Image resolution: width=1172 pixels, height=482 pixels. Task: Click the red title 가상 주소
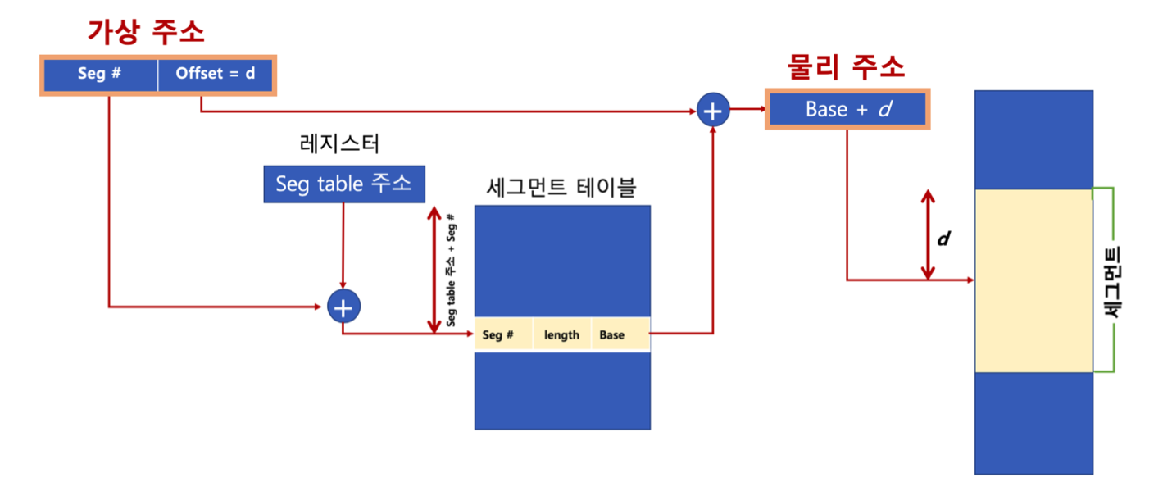(x=146, y=33)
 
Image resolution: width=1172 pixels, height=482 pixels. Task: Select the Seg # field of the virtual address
(x=100, y=74)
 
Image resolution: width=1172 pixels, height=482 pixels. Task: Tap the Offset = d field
(x=216, y=74)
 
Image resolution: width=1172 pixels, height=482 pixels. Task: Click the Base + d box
(x=847, y=109)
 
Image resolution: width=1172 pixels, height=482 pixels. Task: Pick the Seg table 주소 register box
(x=344, y=184)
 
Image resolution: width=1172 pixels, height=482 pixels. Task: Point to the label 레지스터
(x=340, y=143)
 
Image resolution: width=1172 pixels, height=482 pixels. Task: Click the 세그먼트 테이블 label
(x=561, y=189)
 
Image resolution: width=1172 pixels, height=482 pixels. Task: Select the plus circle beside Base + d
(x=713, y=110)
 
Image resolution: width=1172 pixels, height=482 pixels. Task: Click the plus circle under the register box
(x=343, y=307)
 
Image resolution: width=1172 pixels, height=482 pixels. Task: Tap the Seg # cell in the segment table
(x=497, y=334)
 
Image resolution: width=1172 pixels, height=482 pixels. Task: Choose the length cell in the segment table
(x=561, y=334)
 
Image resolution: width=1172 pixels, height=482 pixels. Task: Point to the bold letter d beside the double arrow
(x=943, y=239)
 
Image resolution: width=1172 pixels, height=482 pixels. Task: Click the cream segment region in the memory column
(x=1033, y=280)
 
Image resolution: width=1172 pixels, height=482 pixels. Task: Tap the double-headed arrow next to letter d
(x=927, y=234)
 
